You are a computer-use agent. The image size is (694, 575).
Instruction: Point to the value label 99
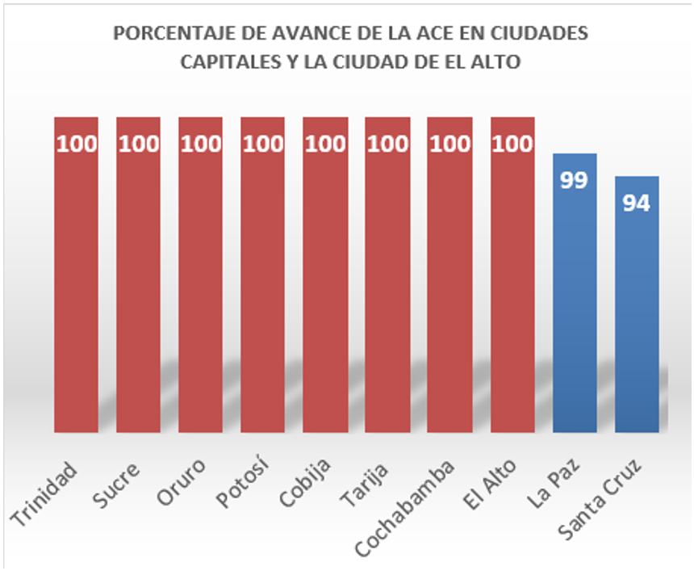(574, 179)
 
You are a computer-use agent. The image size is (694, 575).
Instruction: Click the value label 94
(637, 203)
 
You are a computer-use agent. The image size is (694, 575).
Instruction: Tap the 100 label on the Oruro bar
(200, 145)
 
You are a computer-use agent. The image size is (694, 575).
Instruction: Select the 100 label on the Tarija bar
(387, 145)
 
